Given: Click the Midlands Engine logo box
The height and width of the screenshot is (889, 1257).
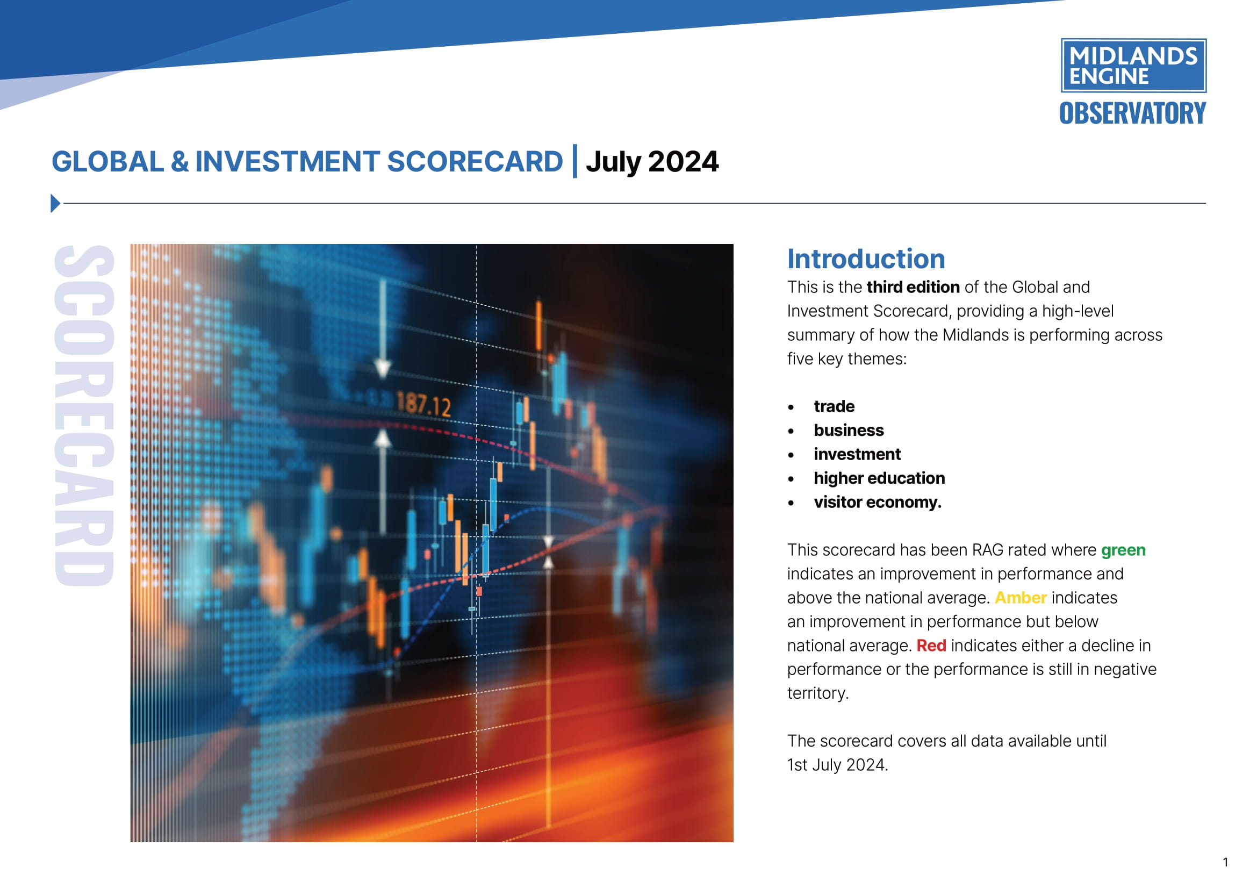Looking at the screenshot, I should coord(1133,66).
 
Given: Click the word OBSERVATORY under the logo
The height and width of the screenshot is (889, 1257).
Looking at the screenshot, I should coord(1132,113).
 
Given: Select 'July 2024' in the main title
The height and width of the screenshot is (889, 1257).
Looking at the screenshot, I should coord(651,161).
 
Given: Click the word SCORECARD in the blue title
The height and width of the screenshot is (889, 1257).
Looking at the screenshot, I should coord(475,161).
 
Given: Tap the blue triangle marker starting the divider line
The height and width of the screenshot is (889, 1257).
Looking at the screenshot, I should coord(55,203).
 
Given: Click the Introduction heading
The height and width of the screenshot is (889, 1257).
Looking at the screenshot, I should coord(866,259).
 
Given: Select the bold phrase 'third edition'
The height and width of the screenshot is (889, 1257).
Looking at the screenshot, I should coord(913,288).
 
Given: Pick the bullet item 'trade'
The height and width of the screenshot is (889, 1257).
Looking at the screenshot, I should coord(834,407).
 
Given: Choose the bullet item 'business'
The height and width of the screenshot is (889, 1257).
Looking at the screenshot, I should coord(849,431).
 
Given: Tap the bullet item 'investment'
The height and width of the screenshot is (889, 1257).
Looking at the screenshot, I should coord(857,454).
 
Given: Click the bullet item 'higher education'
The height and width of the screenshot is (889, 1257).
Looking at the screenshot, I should coord(879,478).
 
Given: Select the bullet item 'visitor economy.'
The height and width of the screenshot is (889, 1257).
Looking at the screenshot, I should coord(877,503).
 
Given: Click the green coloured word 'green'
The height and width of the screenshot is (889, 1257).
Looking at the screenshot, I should coord(1123,550).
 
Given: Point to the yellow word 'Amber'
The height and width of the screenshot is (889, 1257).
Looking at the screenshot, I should coord(1021,598).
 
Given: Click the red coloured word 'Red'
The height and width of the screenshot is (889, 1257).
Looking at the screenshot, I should coord(931,646).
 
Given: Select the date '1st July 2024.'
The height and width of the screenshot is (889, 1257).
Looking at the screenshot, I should coord(837,765).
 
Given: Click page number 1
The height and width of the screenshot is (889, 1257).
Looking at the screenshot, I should coord(1225,863).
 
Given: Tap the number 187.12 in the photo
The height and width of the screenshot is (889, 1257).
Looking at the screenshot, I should coord(423,405).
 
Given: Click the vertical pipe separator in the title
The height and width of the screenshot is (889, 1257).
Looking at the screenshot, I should coord(575,161).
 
